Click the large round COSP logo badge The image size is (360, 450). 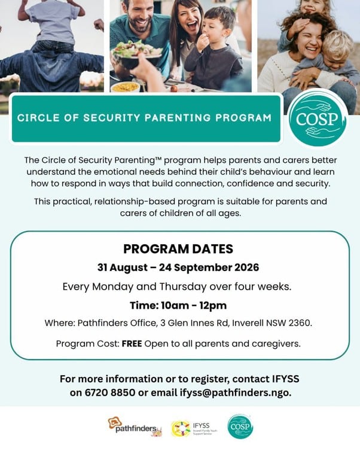coord(318,118)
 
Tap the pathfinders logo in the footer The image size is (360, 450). coord(135,427)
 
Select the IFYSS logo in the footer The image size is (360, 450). coord(194,429)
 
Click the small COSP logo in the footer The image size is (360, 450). coord(240,427)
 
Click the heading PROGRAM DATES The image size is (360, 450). coord(178,249)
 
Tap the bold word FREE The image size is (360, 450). coord(132,343)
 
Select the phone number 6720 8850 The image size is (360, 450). coord(110,393)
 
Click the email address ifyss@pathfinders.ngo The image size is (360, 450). coord(236,393)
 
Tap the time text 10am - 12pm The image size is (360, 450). coord(194,305)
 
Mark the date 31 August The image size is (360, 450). coord(123,267)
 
